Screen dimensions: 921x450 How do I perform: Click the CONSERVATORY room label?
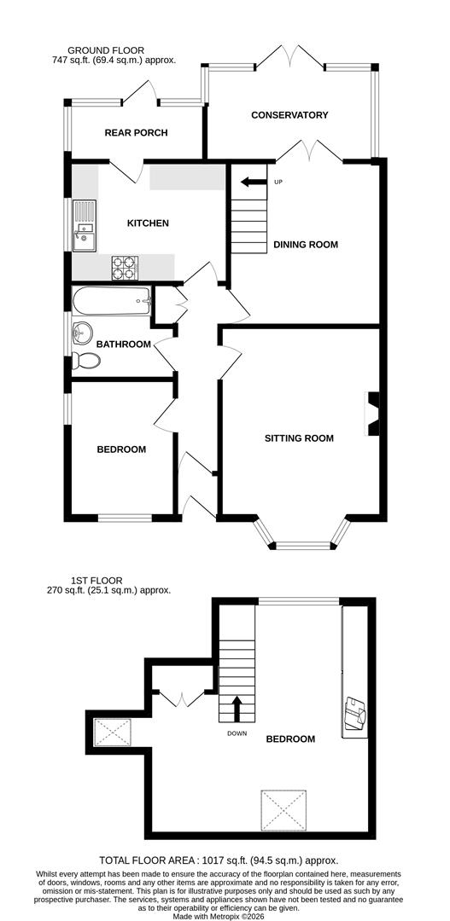coord(289,115)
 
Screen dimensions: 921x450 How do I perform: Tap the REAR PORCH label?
coord(136,133)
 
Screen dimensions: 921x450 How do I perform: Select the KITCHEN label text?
coord(148,223)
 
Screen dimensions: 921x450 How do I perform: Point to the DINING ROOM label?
coord(306,245)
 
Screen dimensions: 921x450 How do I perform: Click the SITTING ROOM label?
coord(298,438)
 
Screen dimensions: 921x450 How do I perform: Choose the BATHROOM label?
coord(123,345)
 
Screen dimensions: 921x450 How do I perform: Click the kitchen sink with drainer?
coord(84,227)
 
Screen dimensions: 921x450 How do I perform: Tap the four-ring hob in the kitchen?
coord(125,268)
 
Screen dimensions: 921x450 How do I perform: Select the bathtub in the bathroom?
coord(112,300)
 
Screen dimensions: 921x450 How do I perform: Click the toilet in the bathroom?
coord(86,361)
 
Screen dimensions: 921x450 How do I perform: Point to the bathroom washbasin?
coord(84,331)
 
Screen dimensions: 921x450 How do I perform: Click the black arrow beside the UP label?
coord(253,182)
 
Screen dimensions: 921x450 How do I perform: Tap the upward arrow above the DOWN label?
coord(237,708)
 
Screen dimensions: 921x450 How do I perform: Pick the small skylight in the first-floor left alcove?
coord(112,731)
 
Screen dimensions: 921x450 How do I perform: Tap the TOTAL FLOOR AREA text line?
coord(225,860)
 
